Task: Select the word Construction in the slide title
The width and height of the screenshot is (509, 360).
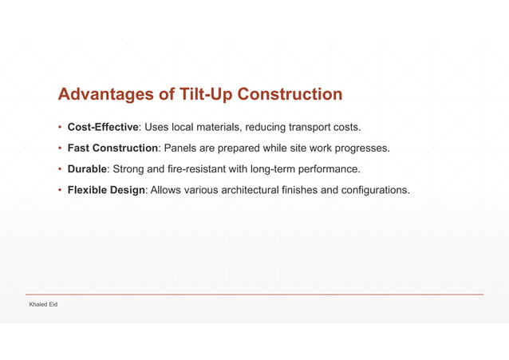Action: [x=280, y=95]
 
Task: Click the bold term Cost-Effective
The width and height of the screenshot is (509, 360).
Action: [x=103, y=127]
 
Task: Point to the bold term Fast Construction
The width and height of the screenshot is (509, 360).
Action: [x=112, y=148]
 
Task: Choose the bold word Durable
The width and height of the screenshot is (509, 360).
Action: [x=87, y=169]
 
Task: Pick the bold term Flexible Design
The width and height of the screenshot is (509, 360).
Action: [x=105, y=190]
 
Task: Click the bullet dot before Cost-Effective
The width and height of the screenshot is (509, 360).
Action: [x=60, y=127]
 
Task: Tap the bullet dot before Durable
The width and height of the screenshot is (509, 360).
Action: [x=60, y=169]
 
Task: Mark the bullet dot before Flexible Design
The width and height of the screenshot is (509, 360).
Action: [x=60, y=190]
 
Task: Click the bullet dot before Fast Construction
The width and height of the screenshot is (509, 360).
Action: [x=60, y=148]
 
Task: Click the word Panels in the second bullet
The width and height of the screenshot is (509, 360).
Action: [x=181, y=148]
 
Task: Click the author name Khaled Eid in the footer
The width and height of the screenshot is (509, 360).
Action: [x=43, y=305]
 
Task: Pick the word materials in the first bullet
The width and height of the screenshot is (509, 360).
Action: [x=219, y=127]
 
